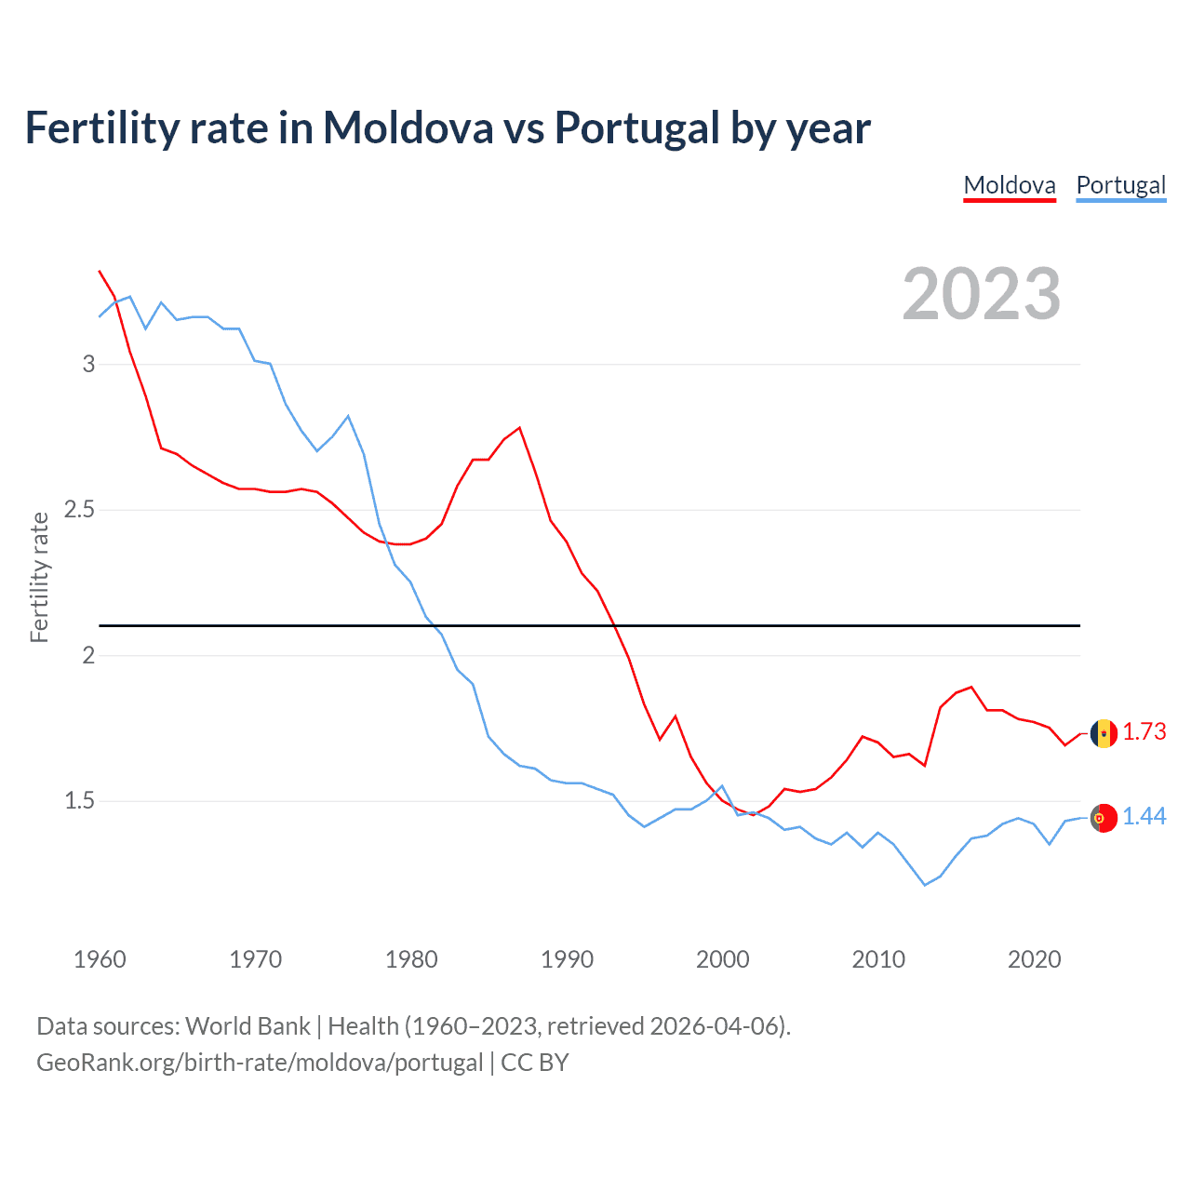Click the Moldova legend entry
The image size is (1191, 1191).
point(1010,185)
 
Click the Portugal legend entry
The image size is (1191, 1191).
point(1120,185)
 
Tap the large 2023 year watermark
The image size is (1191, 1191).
point(982,294)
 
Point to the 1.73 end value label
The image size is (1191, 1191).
point(1144,732)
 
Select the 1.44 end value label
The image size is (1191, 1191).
point(1144,817)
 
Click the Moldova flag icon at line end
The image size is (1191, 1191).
point(1104,733)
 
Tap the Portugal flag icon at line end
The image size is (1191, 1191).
point(1104,818)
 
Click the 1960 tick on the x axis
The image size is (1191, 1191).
point(100,959)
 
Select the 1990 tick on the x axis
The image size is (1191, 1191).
point(567,959)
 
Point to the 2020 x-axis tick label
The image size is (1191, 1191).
point(1034,959)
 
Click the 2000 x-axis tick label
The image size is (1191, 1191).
point(722,959)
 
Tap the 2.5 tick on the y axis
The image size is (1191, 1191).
point(80,510)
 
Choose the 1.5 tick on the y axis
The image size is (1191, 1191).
point(80,801)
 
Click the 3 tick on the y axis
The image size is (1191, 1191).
point(89,364)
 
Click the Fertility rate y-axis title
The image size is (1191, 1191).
point(39,577)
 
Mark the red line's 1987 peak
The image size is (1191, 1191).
point(519,428)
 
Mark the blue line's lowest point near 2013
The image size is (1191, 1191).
point(925,885)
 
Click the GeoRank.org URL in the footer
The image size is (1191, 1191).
point(260,1063)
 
